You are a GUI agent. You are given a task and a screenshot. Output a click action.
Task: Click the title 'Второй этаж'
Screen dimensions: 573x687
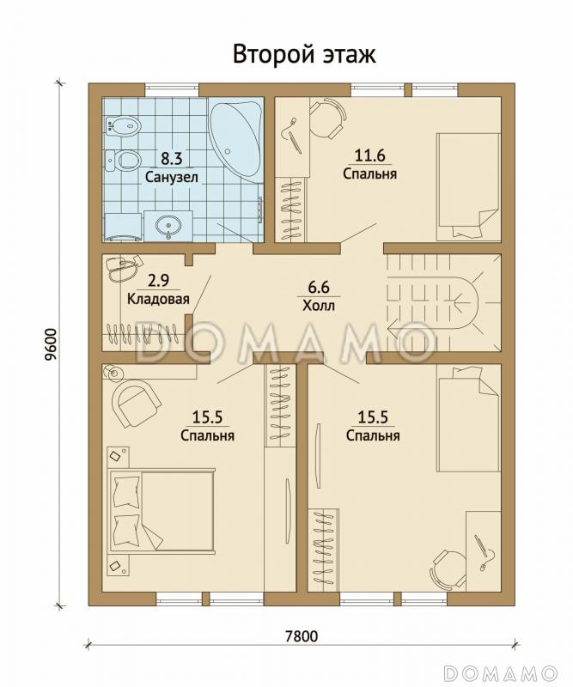tap(304, 55)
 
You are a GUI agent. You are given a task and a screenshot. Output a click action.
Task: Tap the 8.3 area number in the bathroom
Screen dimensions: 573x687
tap(171, 158)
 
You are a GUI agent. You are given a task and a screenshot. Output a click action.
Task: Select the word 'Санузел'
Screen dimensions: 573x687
tap(172, 178)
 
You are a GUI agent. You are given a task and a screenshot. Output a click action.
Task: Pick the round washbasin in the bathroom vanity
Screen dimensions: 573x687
tap(168, 226)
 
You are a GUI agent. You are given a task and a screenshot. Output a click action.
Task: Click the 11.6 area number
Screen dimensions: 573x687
tap(369, 155)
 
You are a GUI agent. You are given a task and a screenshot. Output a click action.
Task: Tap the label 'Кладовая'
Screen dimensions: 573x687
tap(158, 299)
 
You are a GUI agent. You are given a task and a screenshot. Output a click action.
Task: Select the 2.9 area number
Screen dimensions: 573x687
tap(158, 280)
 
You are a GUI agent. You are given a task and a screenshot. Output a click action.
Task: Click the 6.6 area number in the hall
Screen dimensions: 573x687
tap(318, 288)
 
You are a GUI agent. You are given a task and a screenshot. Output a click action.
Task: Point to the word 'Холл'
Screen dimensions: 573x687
tap(318, 305)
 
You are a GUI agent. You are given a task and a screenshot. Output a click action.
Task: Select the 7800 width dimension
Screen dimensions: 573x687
tap(302, 635)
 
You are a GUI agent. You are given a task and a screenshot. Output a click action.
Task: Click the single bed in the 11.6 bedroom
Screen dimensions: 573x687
tap(468, 187)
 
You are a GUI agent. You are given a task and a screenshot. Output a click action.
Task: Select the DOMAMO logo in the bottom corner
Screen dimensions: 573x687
tap(500, 672)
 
